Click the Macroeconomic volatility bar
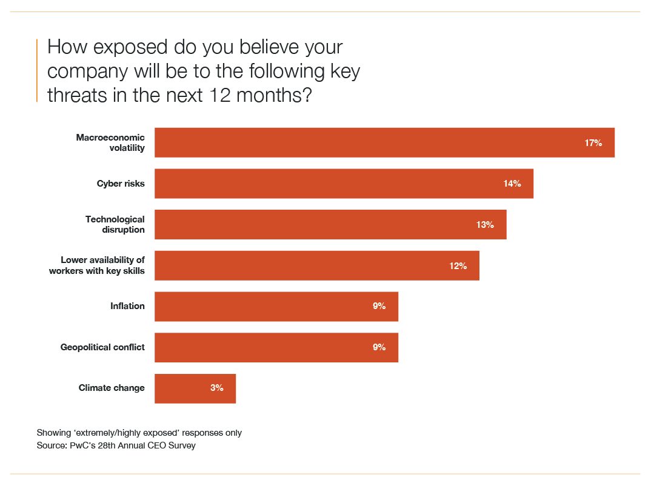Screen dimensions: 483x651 pos(384,142)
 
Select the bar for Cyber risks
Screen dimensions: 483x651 pos(344,184)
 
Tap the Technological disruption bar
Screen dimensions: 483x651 pos(330,224)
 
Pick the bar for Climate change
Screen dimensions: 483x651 pos(195,388)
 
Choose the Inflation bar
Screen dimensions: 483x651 pos(276,307)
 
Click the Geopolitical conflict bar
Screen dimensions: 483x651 pos(276,347)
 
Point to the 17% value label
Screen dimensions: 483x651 pos(593,143)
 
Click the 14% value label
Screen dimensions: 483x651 pos(512,184)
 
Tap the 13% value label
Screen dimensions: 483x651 pos(485,225)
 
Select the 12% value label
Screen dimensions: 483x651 pos(458,265)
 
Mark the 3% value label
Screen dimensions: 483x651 pos(217,388)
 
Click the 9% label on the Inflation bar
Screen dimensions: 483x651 pos(379,307)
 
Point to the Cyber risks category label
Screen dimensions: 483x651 pos(121,184)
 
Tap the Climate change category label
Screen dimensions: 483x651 pos(112,388)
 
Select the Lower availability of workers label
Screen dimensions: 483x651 pos(97,265)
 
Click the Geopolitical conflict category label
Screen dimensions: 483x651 pos(102,347)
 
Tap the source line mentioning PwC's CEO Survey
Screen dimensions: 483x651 pos(116,445)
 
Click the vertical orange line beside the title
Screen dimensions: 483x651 pos(38,70)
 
